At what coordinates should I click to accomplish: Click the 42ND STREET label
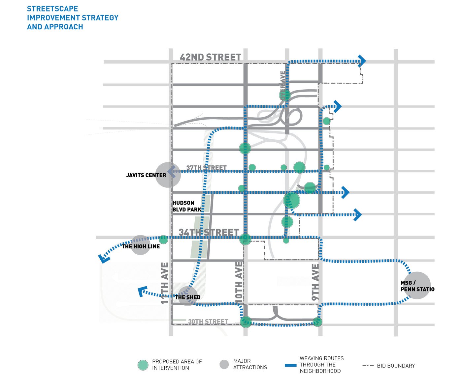(210, 57)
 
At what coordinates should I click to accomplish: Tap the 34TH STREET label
(209, 233)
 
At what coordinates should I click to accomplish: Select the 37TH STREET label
(206, 168)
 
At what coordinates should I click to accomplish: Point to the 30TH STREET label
(208, 321)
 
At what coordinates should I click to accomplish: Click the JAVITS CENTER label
(146, 175)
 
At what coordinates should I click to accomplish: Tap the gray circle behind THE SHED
(187, 296)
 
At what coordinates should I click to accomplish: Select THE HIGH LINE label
(141, 246)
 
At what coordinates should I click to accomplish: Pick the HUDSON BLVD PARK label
(187, 206)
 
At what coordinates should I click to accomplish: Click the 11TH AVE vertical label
(165, 283)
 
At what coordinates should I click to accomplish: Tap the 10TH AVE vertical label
(239, 281)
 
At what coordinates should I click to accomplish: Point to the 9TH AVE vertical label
(315, 282)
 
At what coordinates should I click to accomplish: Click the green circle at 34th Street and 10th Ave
(245, 239)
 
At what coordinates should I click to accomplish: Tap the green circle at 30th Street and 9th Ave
(317, 321)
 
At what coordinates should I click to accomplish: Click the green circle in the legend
(143, 365)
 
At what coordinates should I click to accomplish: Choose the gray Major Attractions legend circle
(224, 364)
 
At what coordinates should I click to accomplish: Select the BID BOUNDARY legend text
(396, 366)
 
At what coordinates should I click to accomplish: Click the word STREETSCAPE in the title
(52, 9)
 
